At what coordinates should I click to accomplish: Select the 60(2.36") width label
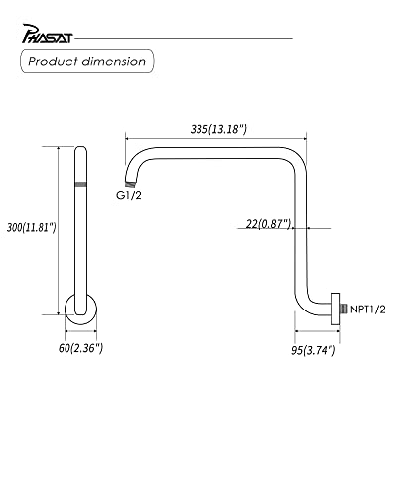[x=80, y=348]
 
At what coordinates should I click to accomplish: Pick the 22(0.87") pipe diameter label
[x=266, y=225]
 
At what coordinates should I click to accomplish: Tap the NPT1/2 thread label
[x=367, y=309]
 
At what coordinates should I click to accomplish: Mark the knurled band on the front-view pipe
[x=80, y=185]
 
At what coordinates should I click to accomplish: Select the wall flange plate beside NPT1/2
[x=337, y=309]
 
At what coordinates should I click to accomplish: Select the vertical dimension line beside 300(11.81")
[x=59, y=228]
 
